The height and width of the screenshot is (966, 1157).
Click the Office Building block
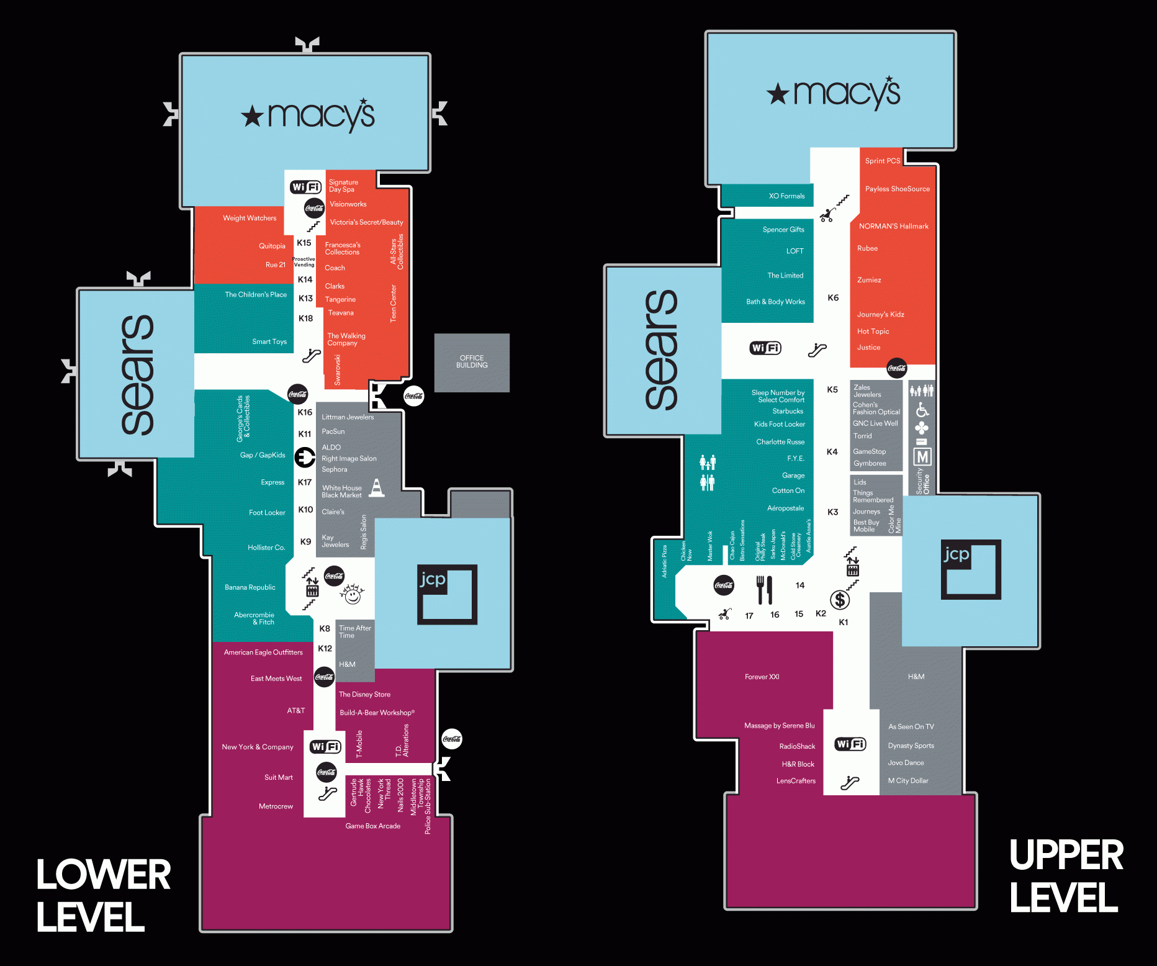(x=472, y=362)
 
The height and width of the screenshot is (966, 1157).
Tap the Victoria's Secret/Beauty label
(x=366, y=222)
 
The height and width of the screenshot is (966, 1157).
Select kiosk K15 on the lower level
(x=304, y=243)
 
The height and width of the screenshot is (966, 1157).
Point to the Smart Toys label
(x=269, y=341)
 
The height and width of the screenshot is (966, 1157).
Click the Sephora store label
(x=335, y=469)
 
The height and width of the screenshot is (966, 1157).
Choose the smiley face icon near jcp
(x=352, y=594)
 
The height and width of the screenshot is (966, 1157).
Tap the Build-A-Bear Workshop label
(x=377, y=713)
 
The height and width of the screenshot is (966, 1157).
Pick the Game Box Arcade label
(x=372, y=826)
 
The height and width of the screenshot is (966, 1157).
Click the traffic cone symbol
(x=377, y=488)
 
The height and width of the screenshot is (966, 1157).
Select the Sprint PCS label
(x=883, y=161)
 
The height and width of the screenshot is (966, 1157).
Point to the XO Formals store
(x=786, y=196)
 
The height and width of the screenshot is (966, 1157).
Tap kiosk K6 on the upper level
(x=833, y=298)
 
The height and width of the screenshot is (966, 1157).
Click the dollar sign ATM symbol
(x=840, y=600)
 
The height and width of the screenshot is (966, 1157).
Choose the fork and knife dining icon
(x=765, y=590)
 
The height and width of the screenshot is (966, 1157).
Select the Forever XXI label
(x=762, y=677)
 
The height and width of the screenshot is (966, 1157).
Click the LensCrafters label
(x=796, y=781)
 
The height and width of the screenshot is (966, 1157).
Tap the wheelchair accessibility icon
(x=922, y=410)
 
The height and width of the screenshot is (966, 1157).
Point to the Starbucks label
(x=788, y=411)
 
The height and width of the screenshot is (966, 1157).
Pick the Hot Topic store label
(x=873, y=332)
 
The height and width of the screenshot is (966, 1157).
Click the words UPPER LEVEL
(x=1066, y=876)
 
